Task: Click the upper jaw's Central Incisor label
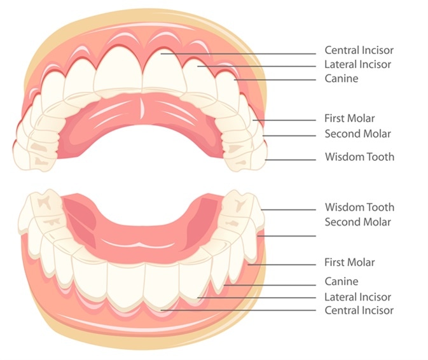359,50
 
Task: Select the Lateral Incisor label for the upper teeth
357,64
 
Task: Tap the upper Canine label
341,79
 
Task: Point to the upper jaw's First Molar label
349,118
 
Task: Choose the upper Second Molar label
357,134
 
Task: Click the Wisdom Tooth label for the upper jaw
359,156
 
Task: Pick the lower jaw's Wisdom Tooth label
359,207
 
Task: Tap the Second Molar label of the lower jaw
357,222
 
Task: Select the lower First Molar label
349,262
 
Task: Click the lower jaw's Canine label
341,281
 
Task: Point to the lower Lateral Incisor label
357,296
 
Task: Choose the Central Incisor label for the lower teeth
359,310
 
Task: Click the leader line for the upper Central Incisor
242,54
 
